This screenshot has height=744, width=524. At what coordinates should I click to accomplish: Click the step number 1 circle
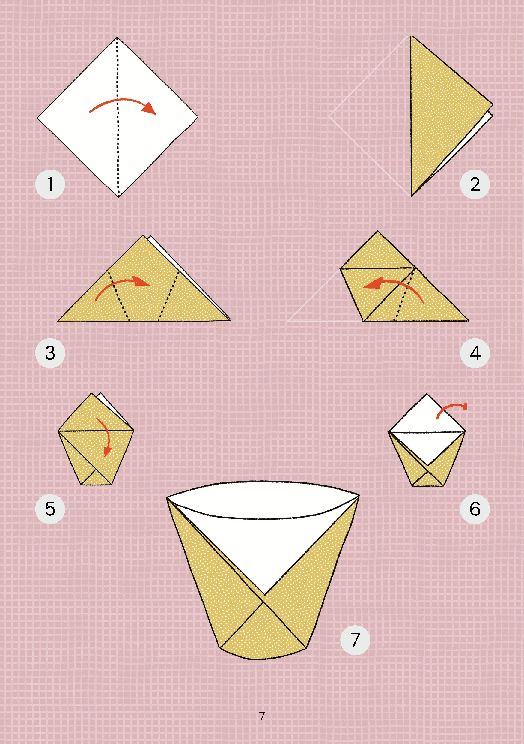(50, 184)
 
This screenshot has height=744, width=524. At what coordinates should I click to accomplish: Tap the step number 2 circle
(475, 184)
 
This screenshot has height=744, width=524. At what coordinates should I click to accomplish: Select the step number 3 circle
(50, 353)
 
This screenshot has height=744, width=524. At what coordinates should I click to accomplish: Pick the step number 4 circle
(475, 353)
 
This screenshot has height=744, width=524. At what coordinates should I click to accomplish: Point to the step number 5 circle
(50, 509)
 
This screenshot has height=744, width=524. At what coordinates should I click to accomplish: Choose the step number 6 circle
(475, 509)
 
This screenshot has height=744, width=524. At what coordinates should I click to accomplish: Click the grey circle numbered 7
(355, 640)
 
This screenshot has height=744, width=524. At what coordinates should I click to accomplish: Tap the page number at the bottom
(262, 716)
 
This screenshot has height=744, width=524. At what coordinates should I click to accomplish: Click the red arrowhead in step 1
(150, 109)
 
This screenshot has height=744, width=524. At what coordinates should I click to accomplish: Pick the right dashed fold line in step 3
(169, 296)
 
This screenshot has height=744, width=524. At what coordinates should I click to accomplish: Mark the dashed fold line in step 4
(404, 294)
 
